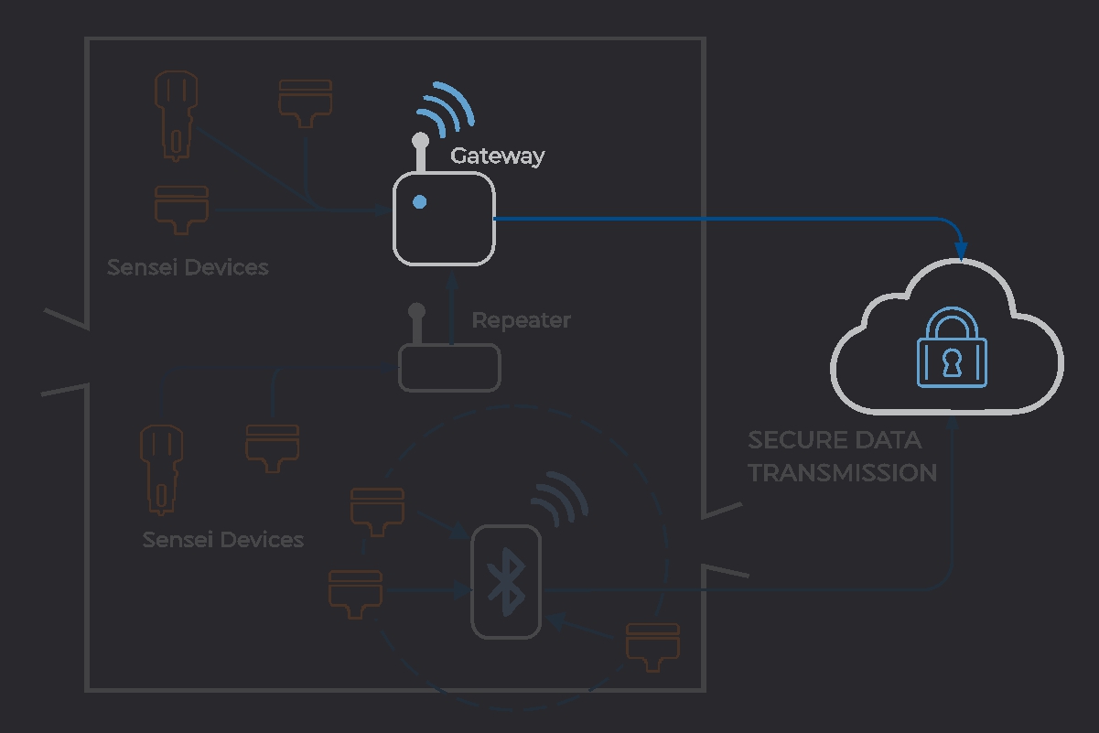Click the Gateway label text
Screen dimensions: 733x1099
(497, 156)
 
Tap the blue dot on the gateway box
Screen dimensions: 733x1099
(419, 202)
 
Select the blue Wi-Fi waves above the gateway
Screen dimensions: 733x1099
(445, 109)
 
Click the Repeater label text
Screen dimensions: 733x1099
(521, 320)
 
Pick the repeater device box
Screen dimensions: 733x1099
(449, 368)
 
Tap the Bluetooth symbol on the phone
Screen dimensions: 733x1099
(505, 582)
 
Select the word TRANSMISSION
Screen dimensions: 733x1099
(842, 472)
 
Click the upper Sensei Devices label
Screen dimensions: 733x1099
(188, 267)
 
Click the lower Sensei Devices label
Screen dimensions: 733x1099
(223, 540)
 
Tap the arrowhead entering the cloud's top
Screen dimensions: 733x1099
(960, 251)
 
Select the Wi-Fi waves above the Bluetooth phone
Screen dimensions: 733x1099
(560, 499)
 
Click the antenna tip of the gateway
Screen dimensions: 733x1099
(420, 140)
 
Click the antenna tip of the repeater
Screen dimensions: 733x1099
(417, 311)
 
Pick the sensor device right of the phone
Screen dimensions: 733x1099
(652, 646)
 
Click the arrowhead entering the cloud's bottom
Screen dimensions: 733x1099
(954, 424)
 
